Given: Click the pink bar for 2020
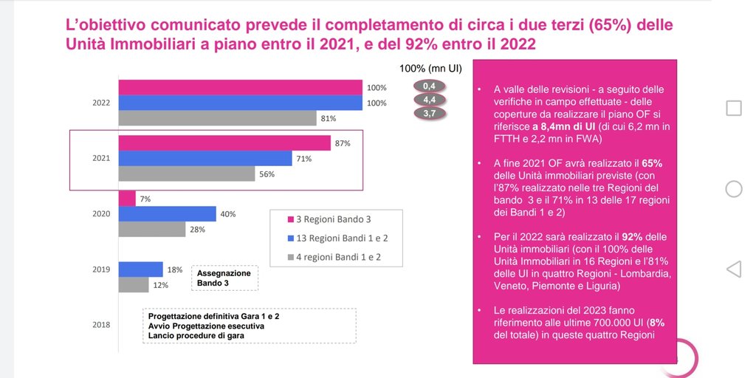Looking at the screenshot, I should point(127,198).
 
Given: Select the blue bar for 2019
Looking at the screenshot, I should point(140,269).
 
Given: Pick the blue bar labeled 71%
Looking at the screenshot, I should point(205,158).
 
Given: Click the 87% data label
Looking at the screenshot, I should point(342,143).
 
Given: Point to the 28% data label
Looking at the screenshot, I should point(196,230).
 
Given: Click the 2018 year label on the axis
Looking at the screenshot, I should point(102,324).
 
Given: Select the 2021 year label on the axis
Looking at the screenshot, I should point(102,158).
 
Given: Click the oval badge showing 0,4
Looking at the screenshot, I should point(429,86).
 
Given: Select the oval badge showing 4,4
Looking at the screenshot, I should point(429,99).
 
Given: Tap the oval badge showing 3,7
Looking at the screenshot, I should point(429,113).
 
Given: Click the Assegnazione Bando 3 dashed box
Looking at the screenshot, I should point(224,278).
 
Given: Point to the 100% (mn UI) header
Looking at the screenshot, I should point(430,68).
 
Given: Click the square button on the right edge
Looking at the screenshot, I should point(734,109).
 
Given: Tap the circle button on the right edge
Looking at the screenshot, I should point(734,188).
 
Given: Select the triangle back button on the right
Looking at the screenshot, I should point(734,269).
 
